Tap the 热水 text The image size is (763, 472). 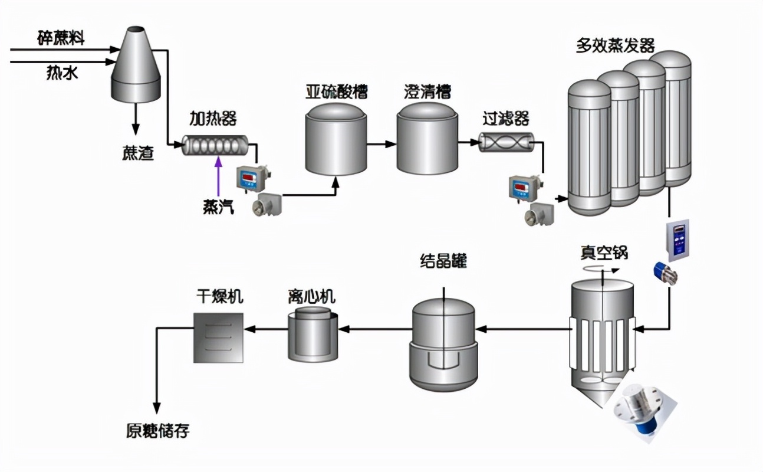(x=62, y=73)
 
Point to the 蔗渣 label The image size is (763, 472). (x=138, y=154)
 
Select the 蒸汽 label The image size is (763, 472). (x=218, y=207)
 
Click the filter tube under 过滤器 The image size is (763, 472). (x=505, y=143)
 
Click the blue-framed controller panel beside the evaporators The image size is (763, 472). (x=678, y=240)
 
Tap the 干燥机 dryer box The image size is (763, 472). (x=218, y=337)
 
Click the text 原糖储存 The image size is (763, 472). (x=157, y=431)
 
